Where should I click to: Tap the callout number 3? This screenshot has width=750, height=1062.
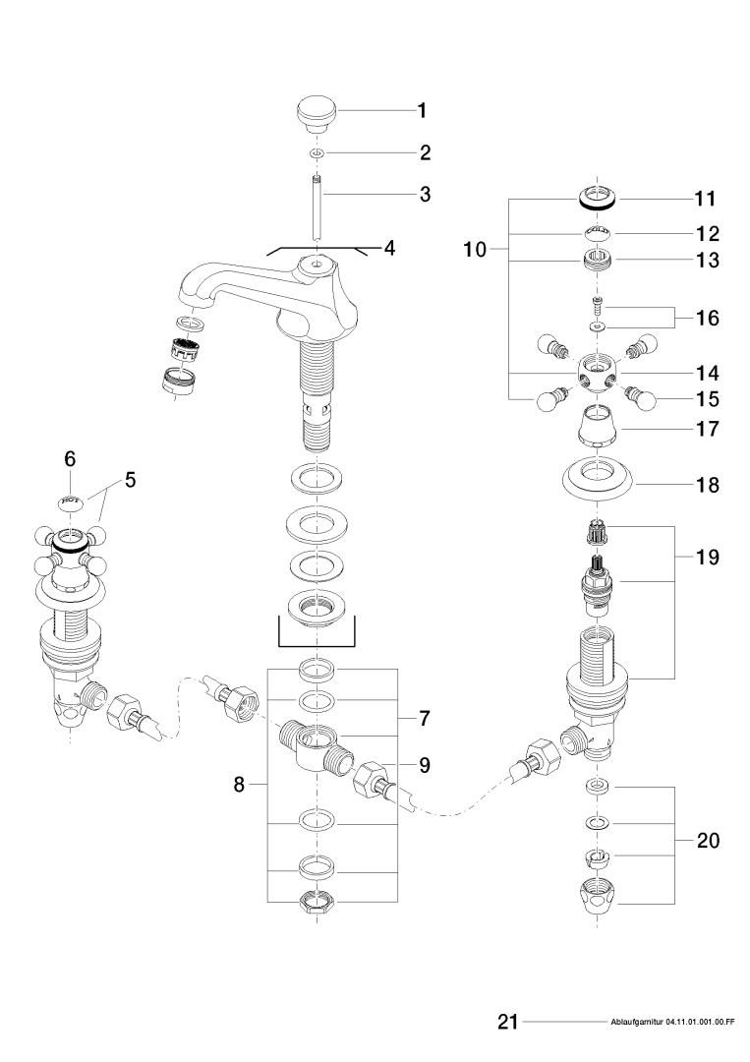click(x=425, y=194)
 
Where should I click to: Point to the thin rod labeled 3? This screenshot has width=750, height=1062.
click(x=317, y=206)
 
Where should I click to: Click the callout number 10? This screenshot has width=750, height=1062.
click(x=474, y=250)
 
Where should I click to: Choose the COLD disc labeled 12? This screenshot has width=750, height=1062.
click(x=596, y=233)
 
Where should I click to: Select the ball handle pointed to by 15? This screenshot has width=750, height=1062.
click(x=644, y=399)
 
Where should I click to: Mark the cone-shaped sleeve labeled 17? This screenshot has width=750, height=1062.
click(x=598, y=426)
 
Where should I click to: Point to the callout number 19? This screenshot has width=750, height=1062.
click(x=708, y=557)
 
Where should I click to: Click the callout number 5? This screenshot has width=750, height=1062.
click(x=130, y=481)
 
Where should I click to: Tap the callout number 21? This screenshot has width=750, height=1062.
click(x=507, y=1023)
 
